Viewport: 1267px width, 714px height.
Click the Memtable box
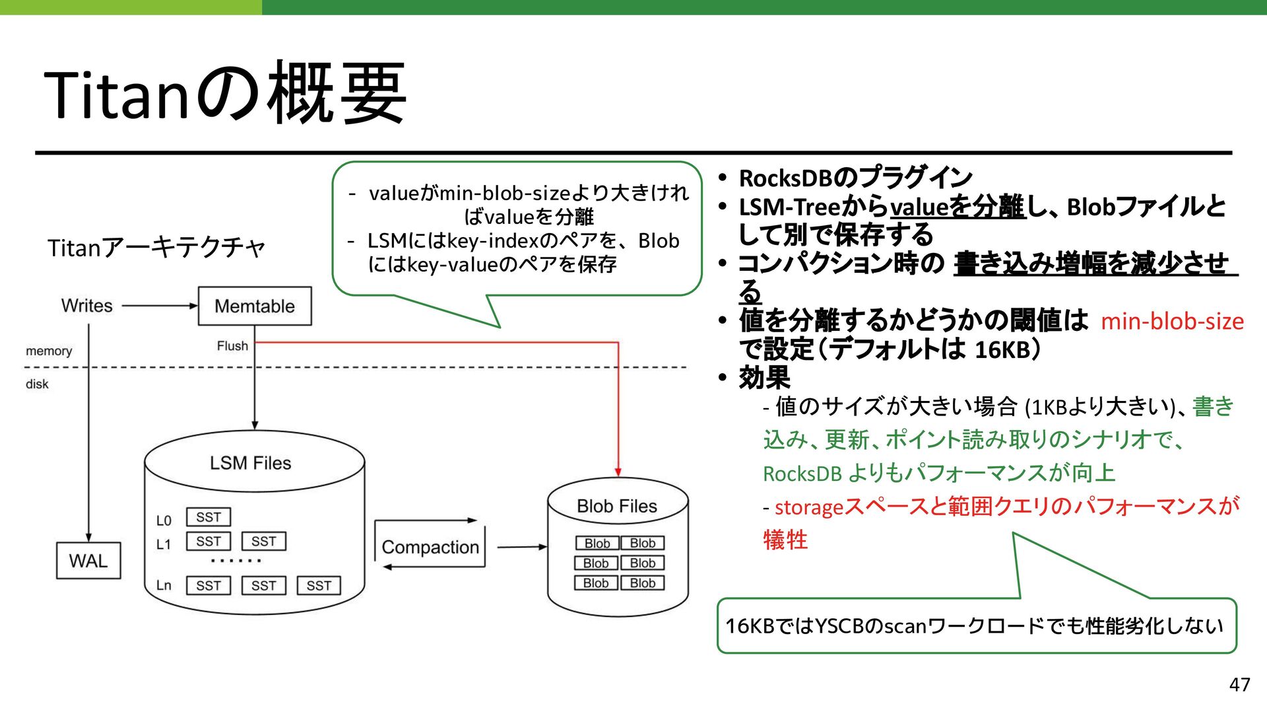(x=255, y=306)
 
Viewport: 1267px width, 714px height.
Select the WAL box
(x=88, y=561)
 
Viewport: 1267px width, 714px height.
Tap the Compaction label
(x=430, y=547)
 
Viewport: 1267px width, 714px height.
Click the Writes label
(x=87, y=306)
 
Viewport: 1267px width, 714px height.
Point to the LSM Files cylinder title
(x=251, y=463)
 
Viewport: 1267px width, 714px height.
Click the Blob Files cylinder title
(x=617, y=506)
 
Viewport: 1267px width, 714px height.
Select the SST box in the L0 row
(x=209, y=517)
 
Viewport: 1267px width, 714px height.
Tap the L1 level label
(x=163, y=544)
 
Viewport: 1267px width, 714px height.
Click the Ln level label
(x=164, y=585)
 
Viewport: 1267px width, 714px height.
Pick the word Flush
(x=232, y=346)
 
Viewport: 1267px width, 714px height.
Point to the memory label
(x=49, y=351)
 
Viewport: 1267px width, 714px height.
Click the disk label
(x=37, y=384)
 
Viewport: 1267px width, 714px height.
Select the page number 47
(x=1239, y=684)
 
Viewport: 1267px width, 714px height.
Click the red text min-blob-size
(x=1172, y=322)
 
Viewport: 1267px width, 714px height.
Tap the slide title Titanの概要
(x=225, y=93)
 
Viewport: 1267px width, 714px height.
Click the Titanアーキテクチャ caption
(x=156, y=248)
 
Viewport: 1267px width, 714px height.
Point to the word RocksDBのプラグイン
(x=855, y=178)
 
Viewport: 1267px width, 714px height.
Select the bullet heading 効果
(x=764, y=378)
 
